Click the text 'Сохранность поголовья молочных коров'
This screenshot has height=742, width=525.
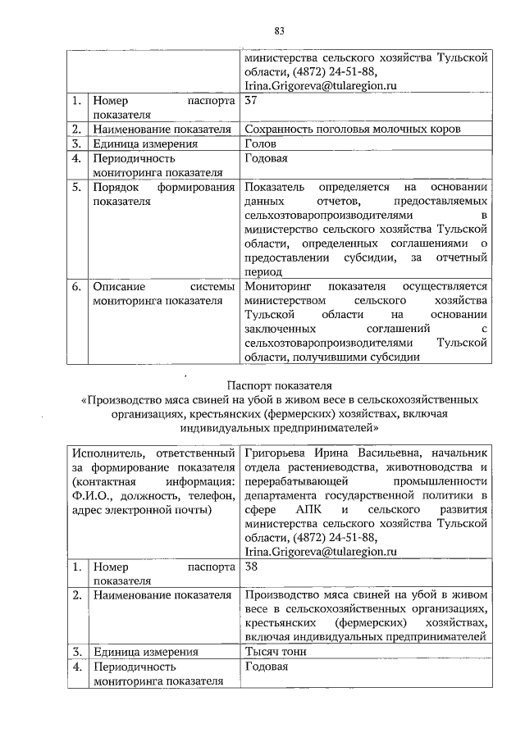[353, 129]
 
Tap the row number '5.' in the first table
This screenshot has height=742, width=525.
[75, 187]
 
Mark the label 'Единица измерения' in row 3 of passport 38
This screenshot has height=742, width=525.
[145, 653]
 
